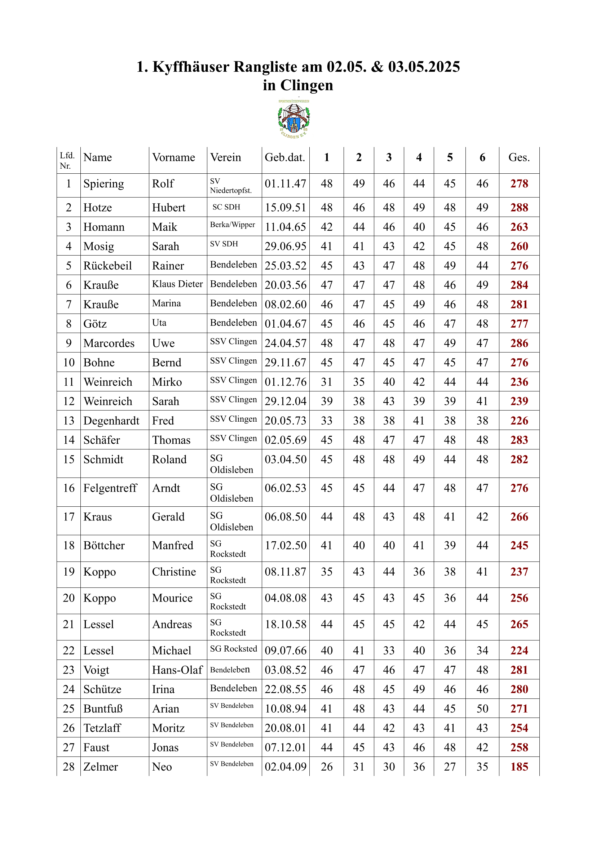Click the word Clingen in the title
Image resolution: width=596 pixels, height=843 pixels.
pos(306,85)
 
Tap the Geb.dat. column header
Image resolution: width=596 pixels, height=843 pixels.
pos(285,157)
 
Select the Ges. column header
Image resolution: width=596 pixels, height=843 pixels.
pos(519,157)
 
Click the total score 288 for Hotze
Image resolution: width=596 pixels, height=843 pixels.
pos(519,208)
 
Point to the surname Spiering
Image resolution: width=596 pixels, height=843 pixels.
pos(103,183)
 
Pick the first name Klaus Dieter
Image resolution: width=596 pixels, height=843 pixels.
pos(177,284)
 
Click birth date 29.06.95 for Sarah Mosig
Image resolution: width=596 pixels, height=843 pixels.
pos(285,247)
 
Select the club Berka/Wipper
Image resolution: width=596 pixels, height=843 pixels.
pos(233,225)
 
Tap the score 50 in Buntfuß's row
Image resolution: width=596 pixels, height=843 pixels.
pos(482,709)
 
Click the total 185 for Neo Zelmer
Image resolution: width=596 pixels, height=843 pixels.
pos(519,767)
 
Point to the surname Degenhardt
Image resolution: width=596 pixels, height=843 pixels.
pos(111,421)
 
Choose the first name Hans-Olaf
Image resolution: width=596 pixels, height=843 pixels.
pos(177,670)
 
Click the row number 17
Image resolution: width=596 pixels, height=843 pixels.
pos(69,517)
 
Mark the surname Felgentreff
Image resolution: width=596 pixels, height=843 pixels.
pos(110,488)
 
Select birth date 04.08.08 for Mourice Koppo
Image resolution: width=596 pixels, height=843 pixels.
pos(285,598)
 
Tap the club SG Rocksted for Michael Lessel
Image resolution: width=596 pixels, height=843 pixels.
pos(234,649)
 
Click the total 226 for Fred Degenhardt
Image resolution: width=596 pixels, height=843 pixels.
pos(519,421)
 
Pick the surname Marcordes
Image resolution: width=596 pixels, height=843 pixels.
pos(109,343)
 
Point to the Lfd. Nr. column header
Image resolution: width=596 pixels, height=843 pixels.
pos(67,160)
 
